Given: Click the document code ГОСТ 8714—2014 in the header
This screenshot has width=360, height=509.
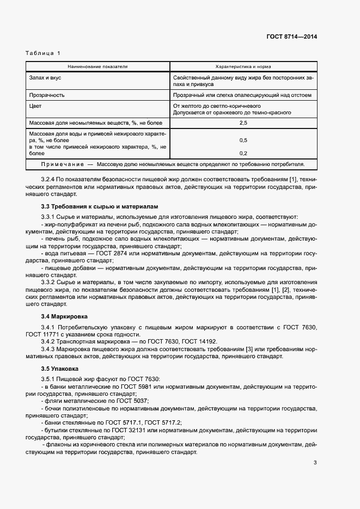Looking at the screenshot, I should tap(291, 37).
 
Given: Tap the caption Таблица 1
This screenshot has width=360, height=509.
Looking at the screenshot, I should tap(43, 53).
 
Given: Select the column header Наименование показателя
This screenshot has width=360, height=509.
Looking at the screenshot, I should tap(97, 66).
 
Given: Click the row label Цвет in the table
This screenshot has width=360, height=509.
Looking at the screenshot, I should tap(35, 106).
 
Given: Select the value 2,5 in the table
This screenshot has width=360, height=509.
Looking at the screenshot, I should tap(243, 124).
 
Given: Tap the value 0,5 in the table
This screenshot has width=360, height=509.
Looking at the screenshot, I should tap(243, 140).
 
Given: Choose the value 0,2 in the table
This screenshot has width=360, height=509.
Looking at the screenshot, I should tap(243, 154).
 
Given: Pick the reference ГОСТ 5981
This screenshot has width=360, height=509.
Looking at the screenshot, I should tap(135, 386).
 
